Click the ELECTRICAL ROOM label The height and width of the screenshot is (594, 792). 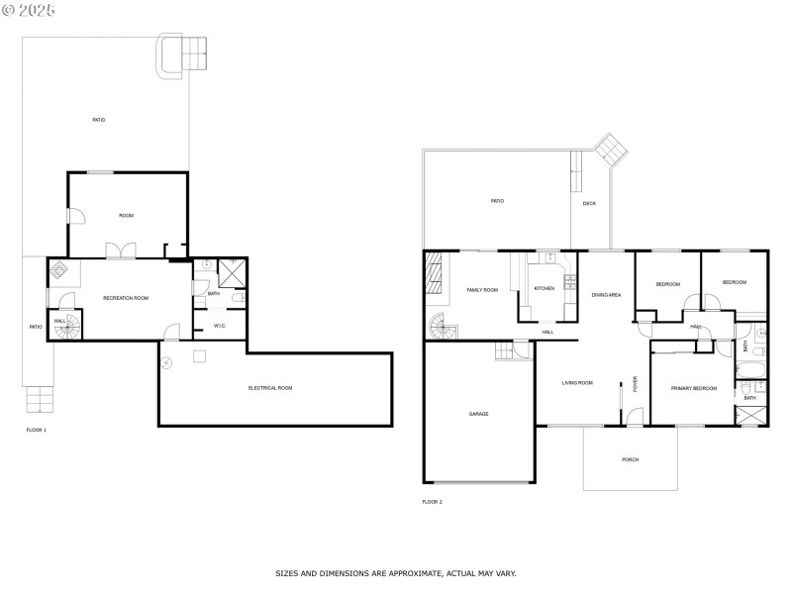coord(270,388)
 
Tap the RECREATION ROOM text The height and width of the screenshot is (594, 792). coord(126,298)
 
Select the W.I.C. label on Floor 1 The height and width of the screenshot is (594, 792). coord(220,326)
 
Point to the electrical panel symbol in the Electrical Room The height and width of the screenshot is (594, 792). coord(199,355)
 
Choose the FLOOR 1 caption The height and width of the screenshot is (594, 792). coord(36,431)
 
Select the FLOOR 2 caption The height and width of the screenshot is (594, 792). coord(432,502)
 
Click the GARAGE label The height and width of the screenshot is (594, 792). coord(478,414)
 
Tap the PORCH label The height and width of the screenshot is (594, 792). coord(630,460)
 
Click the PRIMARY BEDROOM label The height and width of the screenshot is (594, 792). coord(693,388)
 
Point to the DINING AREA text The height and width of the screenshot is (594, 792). coord(606,295)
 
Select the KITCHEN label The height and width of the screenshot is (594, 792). coord(544,288)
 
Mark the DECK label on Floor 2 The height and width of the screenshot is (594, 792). coord(589,204)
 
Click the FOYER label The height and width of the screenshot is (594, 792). coord(636,384)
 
